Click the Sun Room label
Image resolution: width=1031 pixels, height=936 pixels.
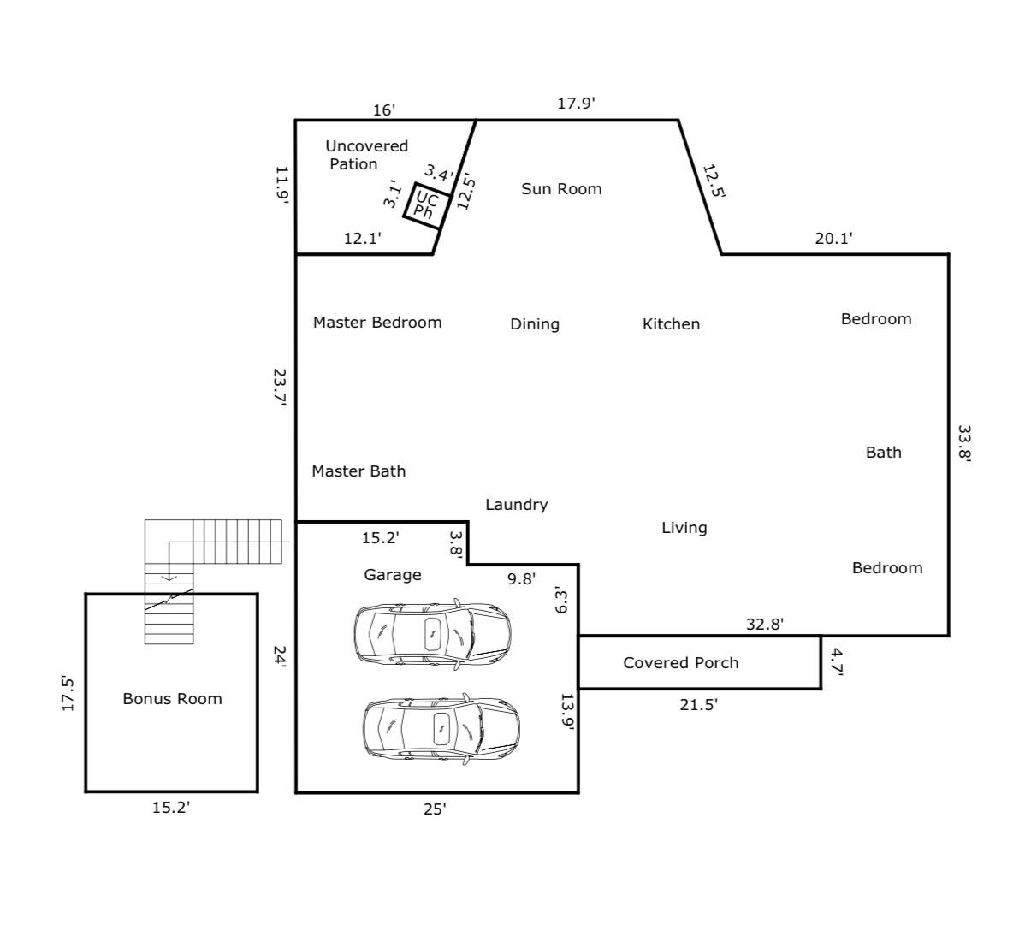561,188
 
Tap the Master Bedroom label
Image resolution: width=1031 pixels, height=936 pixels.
377,323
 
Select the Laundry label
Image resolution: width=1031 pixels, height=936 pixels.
517,505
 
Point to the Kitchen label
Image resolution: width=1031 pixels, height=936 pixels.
672,323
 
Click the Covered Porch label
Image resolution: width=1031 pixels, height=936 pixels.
681,662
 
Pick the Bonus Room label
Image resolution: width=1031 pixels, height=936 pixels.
172,698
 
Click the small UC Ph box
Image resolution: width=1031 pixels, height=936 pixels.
427,205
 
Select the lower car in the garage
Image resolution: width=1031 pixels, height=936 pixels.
441,729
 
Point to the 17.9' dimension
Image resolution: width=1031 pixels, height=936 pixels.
576,104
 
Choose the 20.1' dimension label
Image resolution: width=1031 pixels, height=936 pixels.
833,239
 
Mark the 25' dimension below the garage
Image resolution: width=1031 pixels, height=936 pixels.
435,809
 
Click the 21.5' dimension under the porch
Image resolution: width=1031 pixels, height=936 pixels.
698,704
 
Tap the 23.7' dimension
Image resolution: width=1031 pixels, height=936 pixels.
279,388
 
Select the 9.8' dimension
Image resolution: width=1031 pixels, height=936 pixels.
521,578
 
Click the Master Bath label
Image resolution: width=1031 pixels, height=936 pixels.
358,471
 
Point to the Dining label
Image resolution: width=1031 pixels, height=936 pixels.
535,324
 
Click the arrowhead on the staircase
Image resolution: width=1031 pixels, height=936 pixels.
169,578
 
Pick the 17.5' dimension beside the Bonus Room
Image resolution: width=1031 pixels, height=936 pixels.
68,693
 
